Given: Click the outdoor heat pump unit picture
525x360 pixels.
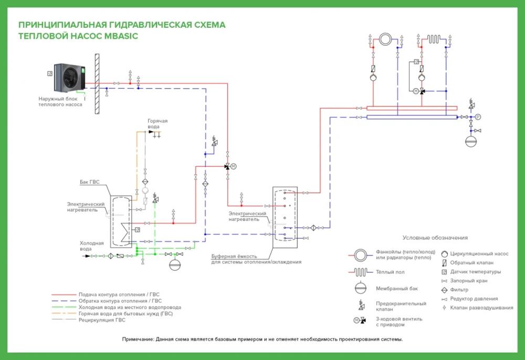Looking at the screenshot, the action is pos(70,78).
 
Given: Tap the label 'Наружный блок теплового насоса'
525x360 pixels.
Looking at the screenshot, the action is pos(60,102).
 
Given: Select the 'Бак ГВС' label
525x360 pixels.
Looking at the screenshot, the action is pos(89,182).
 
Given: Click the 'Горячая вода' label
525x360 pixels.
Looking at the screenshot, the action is pos(157,124).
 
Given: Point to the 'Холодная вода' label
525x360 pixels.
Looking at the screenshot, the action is pos(91,246).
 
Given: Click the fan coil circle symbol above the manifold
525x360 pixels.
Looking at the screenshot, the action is pos(385,39).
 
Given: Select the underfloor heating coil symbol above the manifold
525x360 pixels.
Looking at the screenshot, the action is pos(434,39).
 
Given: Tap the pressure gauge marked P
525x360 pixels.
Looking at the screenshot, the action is pos(478,117).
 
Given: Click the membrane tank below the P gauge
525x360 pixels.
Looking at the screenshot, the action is pos(471,141).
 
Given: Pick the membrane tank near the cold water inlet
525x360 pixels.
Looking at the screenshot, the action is pos(174,264).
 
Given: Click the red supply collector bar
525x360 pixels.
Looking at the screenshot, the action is pos(412,108).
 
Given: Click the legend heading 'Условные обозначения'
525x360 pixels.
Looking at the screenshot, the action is pos(435,238).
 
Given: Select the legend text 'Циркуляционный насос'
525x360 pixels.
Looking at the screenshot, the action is pos(479,253).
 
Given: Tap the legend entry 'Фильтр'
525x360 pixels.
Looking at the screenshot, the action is pos(459,290).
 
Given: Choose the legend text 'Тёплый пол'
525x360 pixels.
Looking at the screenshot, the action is pos(390,272).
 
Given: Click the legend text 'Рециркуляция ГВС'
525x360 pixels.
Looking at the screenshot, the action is pos(102,320).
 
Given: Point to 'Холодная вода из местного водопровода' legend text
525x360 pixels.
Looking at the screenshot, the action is pos(130,307).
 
